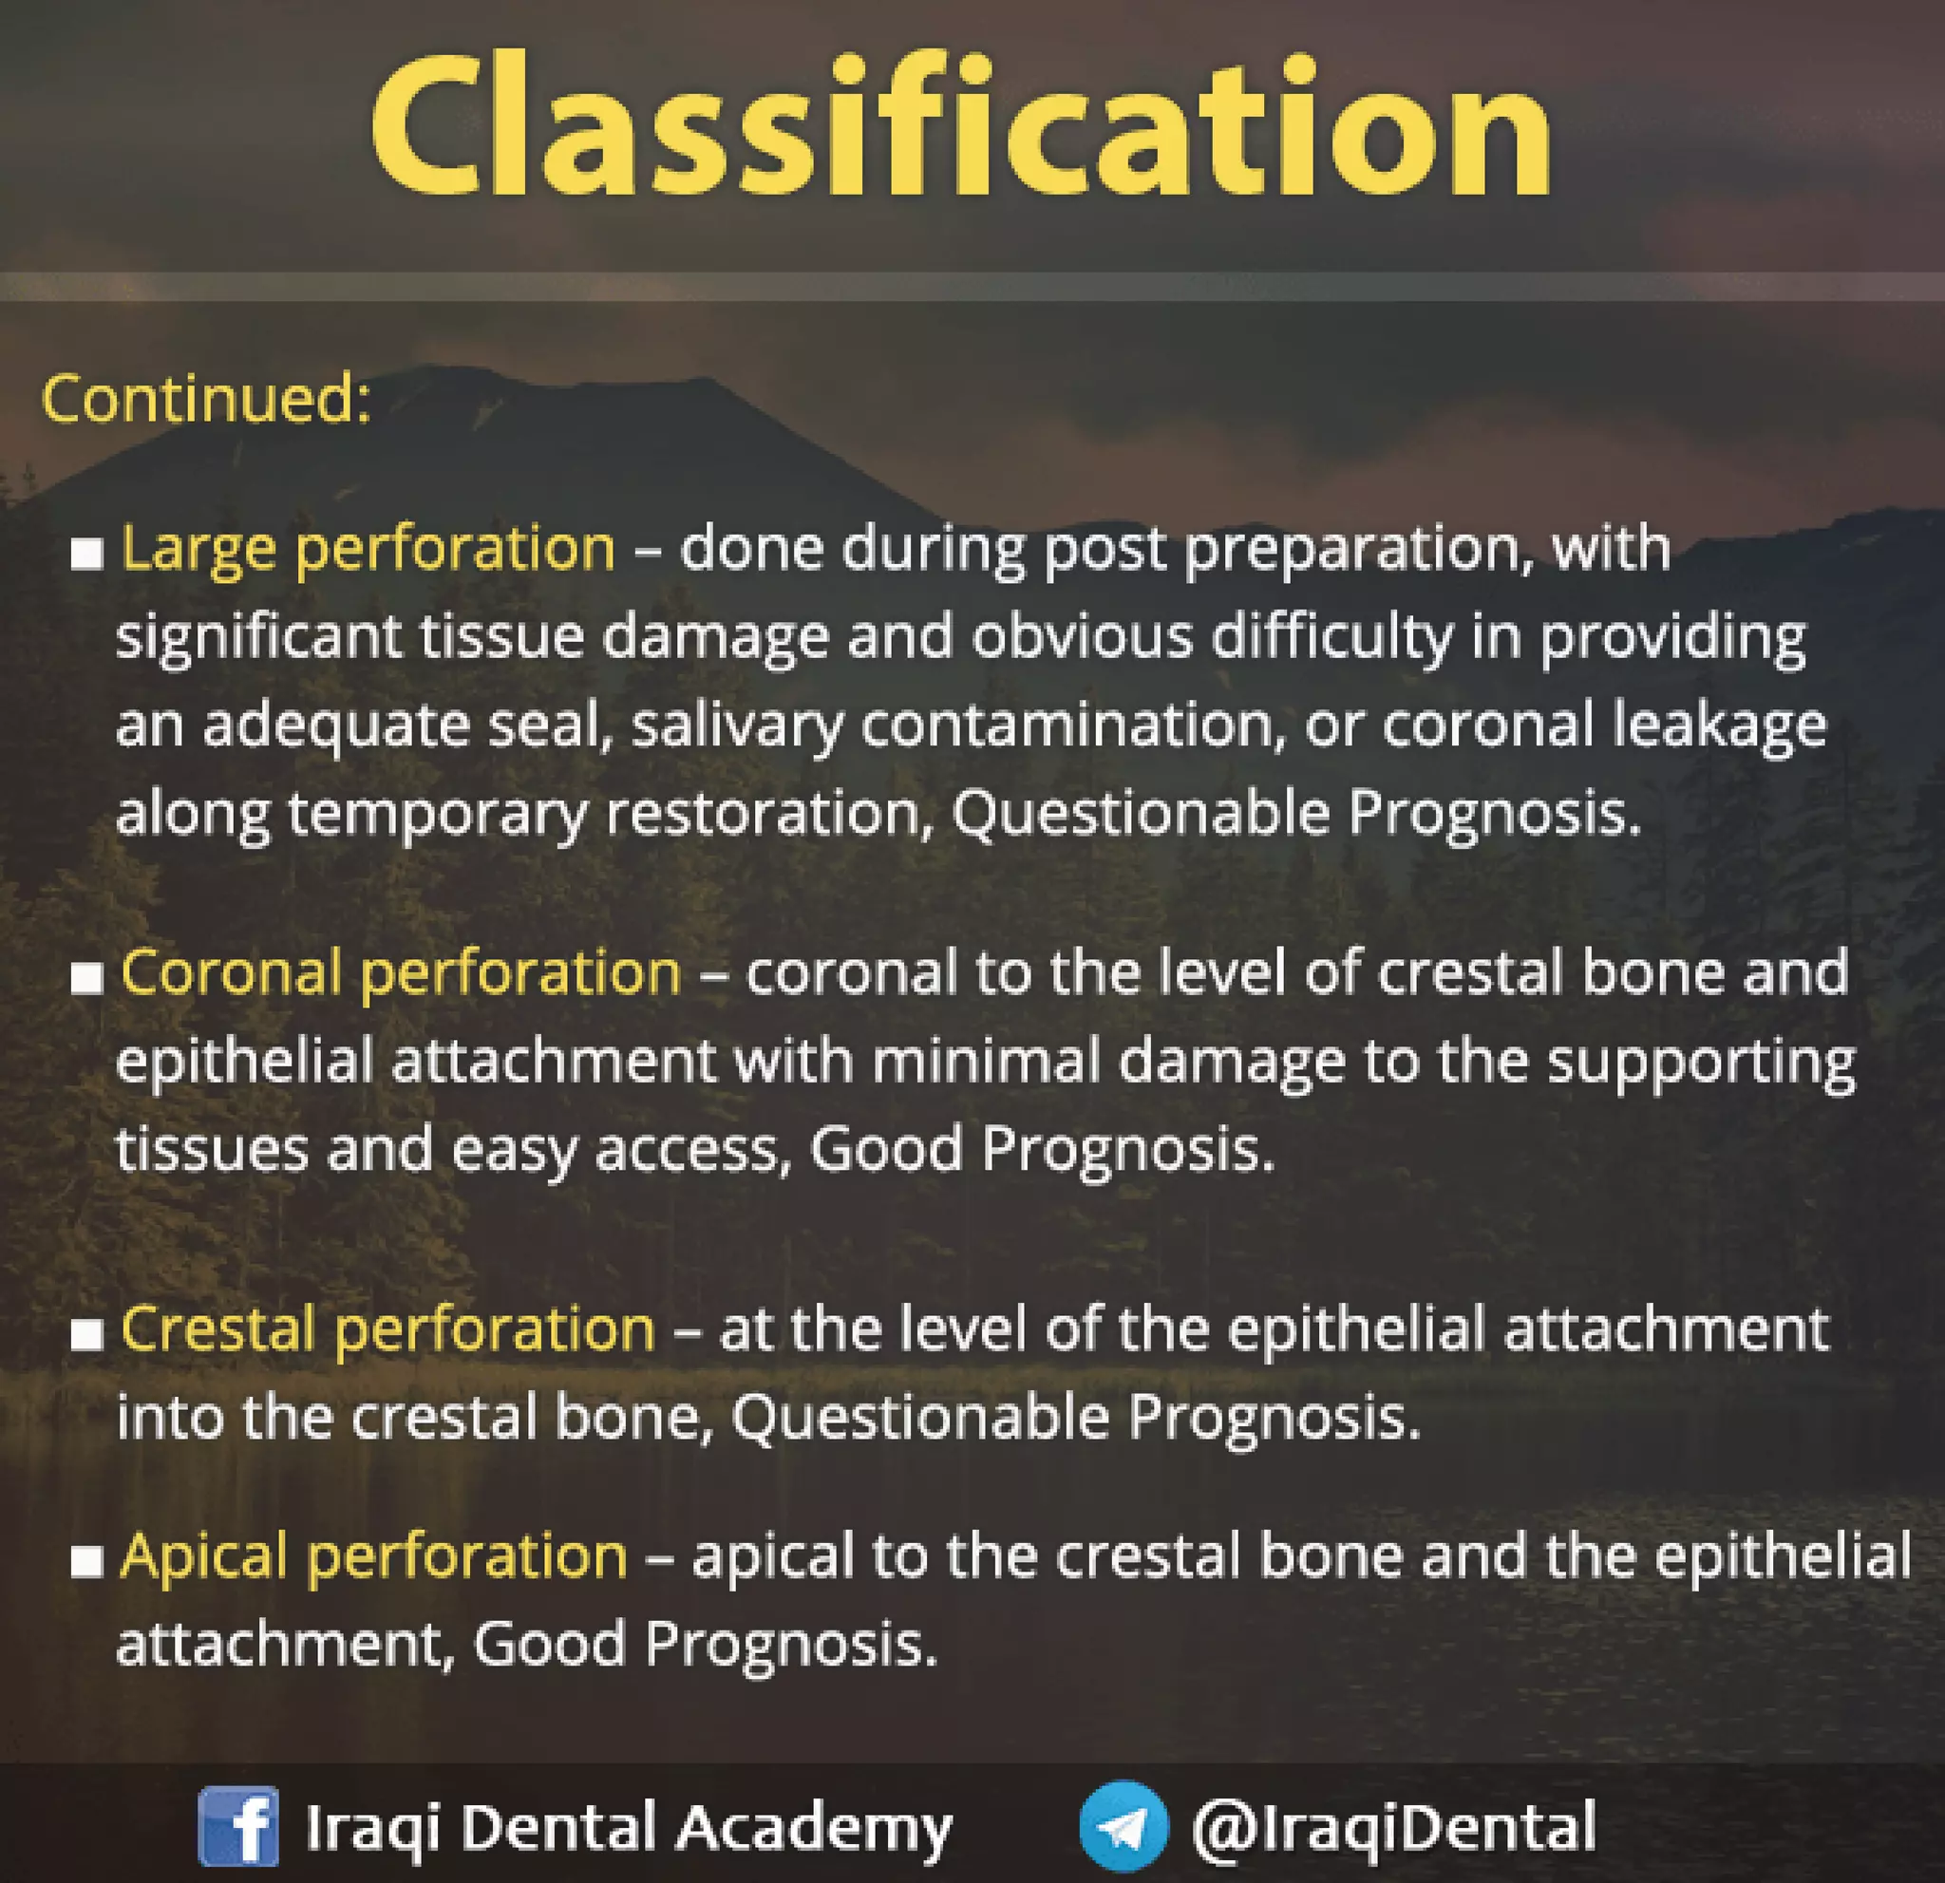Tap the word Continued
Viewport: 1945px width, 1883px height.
coord(205,400)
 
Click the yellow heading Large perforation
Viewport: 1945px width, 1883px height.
coord(368,549)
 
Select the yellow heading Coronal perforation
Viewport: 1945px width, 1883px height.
coord(400,972)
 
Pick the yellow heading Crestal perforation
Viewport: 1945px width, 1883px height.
coord(387,1329)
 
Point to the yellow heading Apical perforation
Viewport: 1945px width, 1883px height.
coord(373,1555)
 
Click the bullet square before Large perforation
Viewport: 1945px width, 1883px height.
coord(87,554)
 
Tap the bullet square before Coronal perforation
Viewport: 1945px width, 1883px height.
coord(87,978)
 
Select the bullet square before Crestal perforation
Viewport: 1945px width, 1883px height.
coord(87,1335)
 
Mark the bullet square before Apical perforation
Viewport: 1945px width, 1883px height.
coord(87,1561)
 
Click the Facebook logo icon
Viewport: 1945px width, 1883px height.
coord(238,1826)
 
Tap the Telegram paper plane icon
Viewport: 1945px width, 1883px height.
coord(1124,1826)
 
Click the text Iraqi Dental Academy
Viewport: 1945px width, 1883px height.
coord(628,1827)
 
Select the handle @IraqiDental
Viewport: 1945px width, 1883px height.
coord(1393,1827)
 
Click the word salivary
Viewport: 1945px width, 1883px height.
coord(736,726)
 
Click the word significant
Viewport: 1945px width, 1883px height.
coord(258,638)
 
